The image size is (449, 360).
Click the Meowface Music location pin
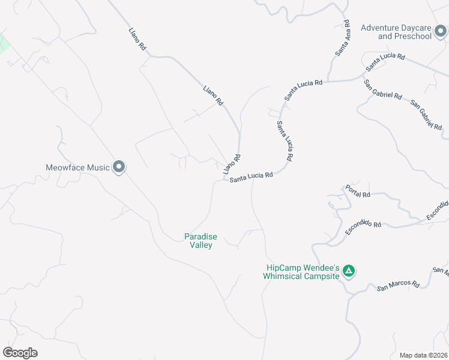click(119, 167)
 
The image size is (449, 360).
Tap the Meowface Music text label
click(78, 167)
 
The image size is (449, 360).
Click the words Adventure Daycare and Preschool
click(396, 32)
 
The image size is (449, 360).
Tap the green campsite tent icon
click(349, 272)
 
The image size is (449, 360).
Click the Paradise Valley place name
click(200, 241)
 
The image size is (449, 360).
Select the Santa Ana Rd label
click(343, 38)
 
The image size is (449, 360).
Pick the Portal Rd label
click(358, 191)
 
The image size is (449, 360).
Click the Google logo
click(20, 353)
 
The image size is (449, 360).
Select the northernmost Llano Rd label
click(137, 38)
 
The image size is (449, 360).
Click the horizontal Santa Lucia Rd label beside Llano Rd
click(251, 177)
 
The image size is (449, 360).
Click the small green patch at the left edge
click(4, 44)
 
